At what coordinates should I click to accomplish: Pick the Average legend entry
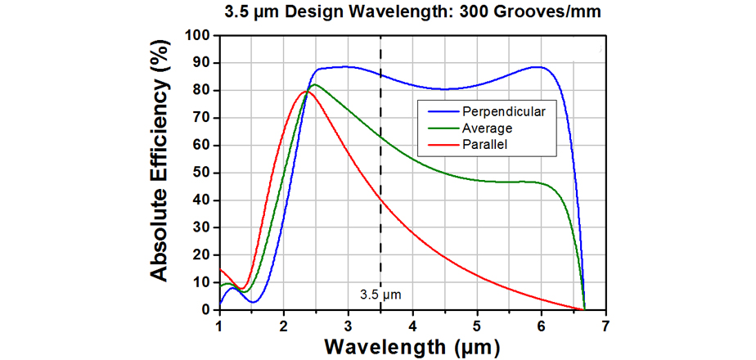(487, 128)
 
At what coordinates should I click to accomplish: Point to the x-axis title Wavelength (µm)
(412, 346)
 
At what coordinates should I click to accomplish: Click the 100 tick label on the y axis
(199, 35)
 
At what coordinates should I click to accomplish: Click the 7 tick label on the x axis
(606, 325)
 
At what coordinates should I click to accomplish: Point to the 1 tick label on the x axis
(219, 325)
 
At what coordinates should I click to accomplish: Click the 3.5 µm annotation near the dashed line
(380, 292)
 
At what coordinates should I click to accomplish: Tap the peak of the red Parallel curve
(306, 91)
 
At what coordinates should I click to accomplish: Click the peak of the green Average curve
(315, 84)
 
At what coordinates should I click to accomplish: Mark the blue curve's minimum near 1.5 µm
(254, 302)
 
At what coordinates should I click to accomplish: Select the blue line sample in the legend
(434, 109)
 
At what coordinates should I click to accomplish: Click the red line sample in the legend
(434, 146)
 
